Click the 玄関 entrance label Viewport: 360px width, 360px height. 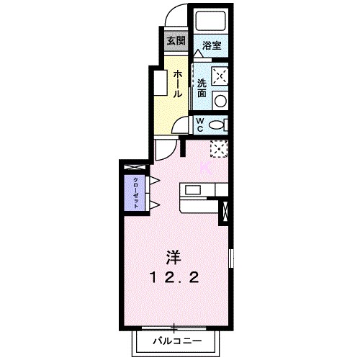(x=176, y=40)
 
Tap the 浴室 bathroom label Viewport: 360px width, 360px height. (x=211, y=45)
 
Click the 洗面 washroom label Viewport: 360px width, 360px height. (x=202, y=87)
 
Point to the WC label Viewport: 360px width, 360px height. (x=200, y=124)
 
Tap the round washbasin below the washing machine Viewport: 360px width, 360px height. (x=221, y=100)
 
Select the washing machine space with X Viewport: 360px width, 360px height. (x=220, y=74)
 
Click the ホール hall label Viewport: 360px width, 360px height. (x=177, y=84)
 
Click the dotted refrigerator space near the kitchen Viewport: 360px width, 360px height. (x=219, y=148)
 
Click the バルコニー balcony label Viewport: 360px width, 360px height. (x=174, y=340)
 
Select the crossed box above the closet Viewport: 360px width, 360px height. (x=133, y=168)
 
